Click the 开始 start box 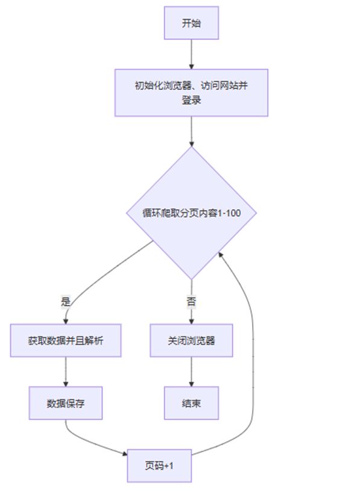(x=191, y=23)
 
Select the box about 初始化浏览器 (x=191, y=93)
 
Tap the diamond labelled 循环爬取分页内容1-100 (x=191, y=213)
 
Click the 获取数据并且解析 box (x=66, y=340)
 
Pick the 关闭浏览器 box (x=191, y=340)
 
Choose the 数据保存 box (x=66, y=403)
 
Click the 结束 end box (x=191, y=403)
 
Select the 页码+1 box (x=159, y=466)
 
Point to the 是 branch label (x=66, y=301)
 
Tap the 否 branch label (x=191, y=301)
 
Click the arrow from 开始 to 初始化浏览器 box (x=191, y=54)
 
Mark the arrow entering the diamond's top (x=191, y=132)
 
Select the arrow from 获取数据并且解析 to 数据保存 (x=66, y=372)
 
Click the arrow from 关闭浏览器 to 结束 (x=191, y=372)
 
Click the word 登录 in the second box (x=191, y=100)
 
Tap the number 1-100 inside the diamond (x=229, y=213)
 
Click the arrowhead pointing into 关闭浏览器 (x=191, y=321)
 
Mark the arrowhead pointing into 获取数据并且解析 (x=66, y=321)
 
